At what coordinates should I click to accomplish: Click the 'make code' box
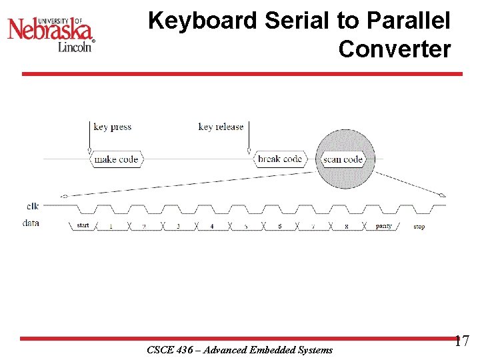116,159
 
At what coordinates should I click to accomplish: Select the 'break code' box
280,159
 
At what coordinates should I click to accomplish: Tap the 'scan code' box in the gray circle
343,159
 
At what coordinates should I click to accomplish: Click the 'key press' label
112,127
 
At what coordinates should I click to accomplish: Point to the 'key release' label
221,127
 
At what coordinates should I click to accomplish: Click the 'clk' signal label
32,207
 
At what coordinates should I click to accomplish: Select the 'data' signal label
31,223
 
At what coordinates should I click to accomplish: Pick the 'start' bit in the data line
83,226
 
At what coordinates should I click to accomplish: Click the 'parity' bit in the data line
384,227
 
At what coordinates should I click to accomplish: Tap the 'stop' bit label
419,227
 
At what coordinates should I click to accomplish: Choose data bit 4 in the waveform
212,227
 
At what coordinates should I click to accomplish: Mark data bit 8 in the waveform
347,227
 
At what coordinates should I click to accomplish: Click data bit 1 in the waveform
111,227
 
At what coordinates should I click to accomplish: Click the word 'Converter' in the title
394,49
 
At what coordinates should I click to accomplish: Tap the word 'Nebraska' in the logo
51,30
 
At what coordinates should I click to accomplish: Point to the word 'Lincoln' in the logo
74,47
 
